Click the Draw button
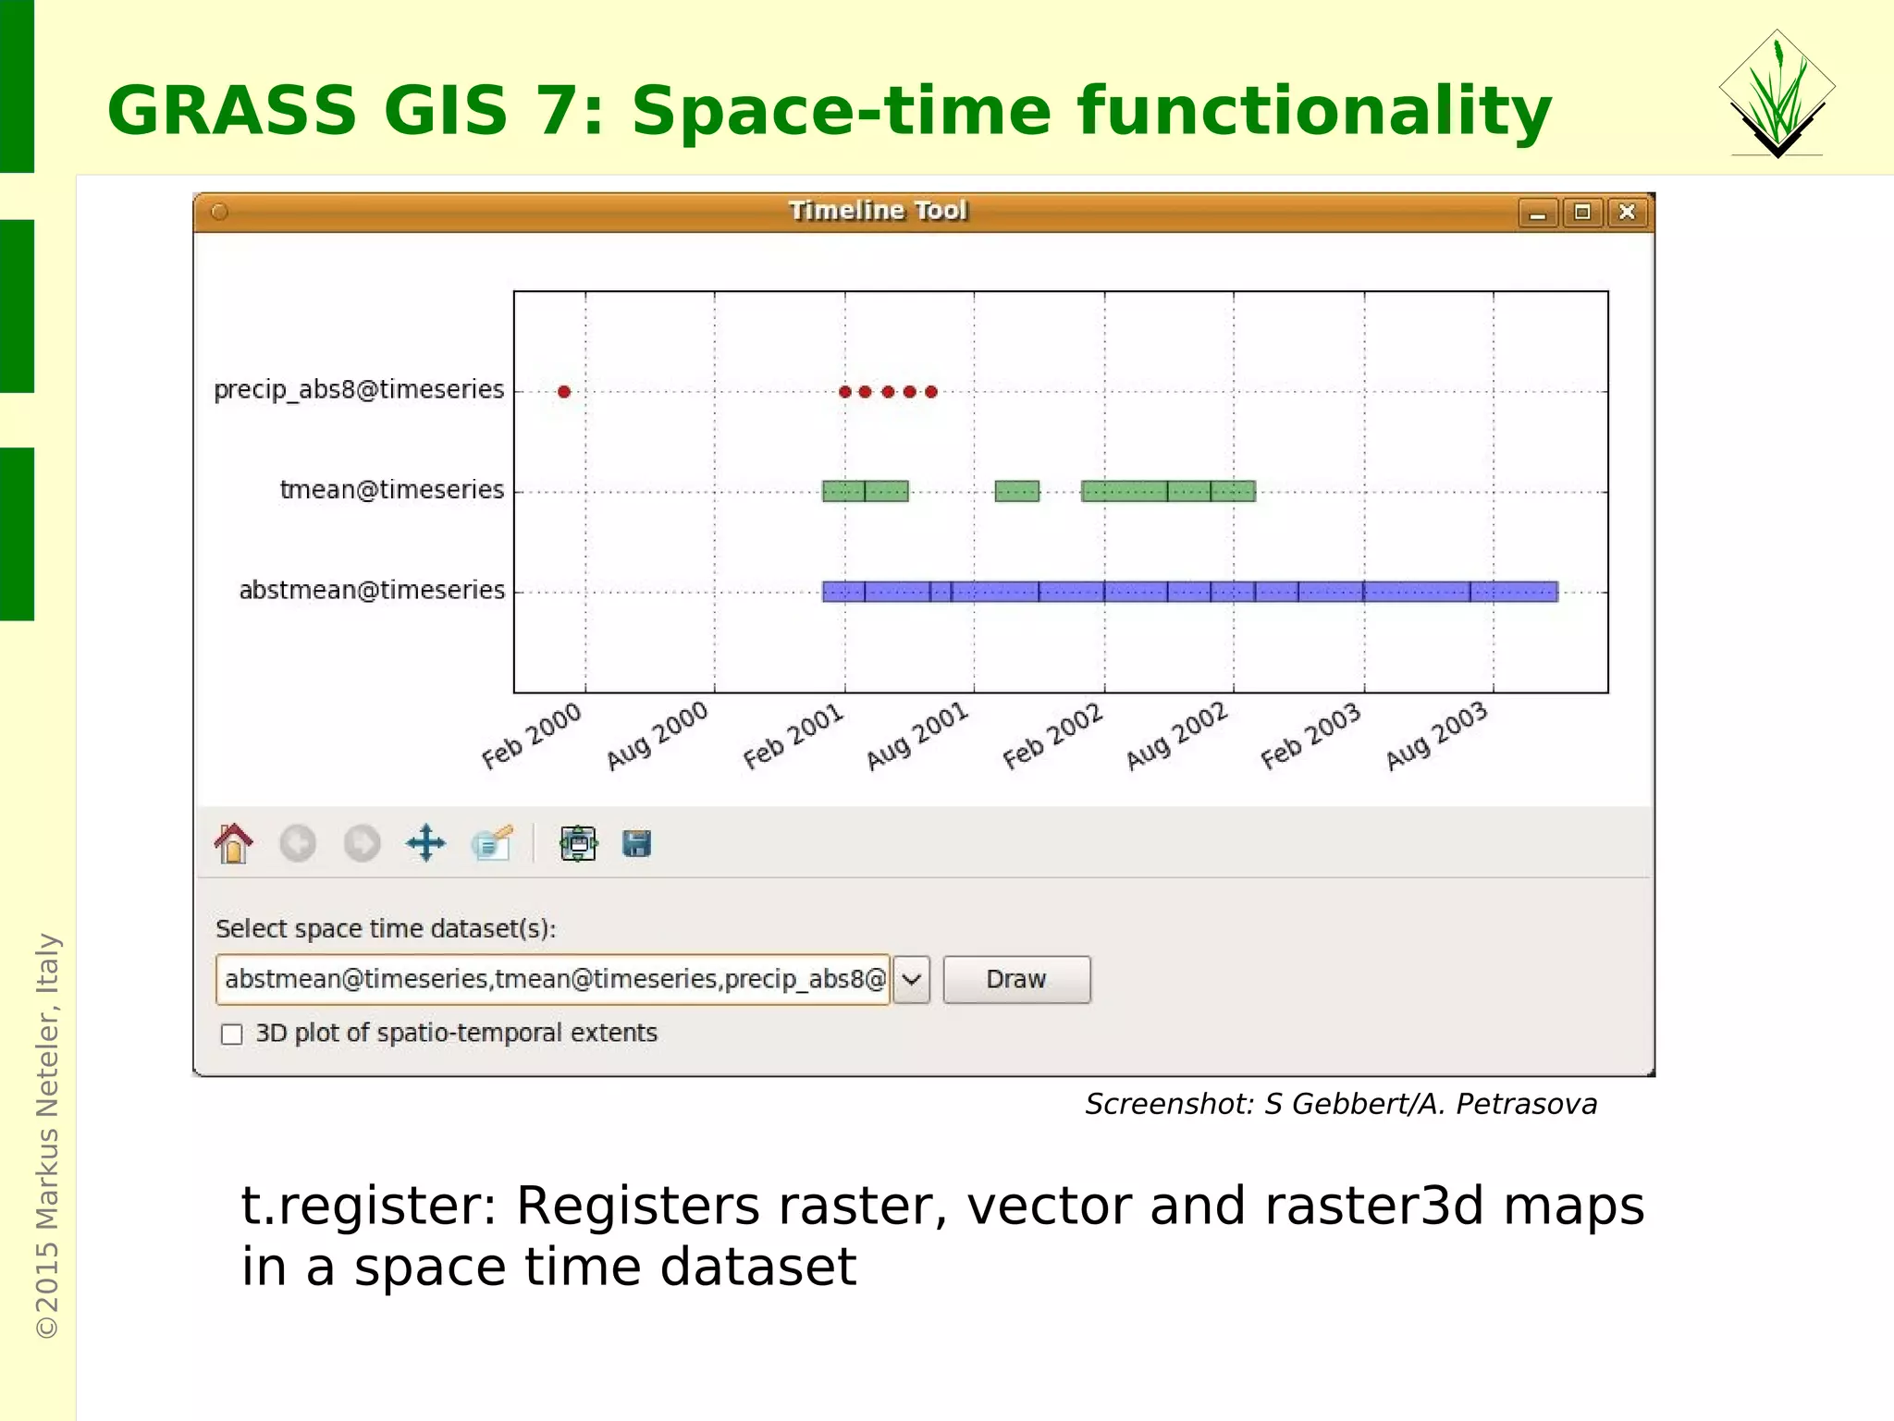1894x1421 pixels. (x=1015, y=979)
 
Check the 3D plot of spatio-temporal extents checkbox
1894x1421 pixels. (x=232, y=1034)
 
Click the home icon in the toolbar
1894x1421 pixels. (x=234, y=843)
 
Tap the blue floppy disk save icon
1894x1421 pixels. (x=636, y=843)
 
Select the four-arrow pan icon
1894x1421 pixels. (x=425, y=843)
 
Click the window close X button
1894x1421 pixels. (x=1627, y=213)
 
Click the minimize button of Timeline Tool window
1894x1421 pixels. (x=1538, y=214)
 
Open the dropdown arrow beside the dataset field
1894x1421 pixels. (x=912, y=979)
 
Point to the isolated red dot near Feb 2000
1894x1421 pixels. (x=564, y=392)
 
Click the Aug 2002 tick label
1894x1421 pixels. (x=1176, y=736)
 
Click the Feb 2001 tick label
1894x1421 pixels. (x=793, y=737)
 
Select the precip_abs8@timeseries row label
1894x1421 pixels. (x=359, y=389)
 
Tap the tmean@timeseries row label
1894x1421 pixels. (x=392, y=489)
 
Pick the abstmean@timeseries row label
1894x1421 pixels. (x=372, y=590)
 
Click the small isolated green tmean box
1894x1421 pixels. (x=1016, y=491)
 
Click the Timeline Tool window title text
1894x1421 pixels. (x=878, y=211)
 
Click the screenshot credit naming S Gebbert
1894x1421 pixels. (x=1340, y=1104)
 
